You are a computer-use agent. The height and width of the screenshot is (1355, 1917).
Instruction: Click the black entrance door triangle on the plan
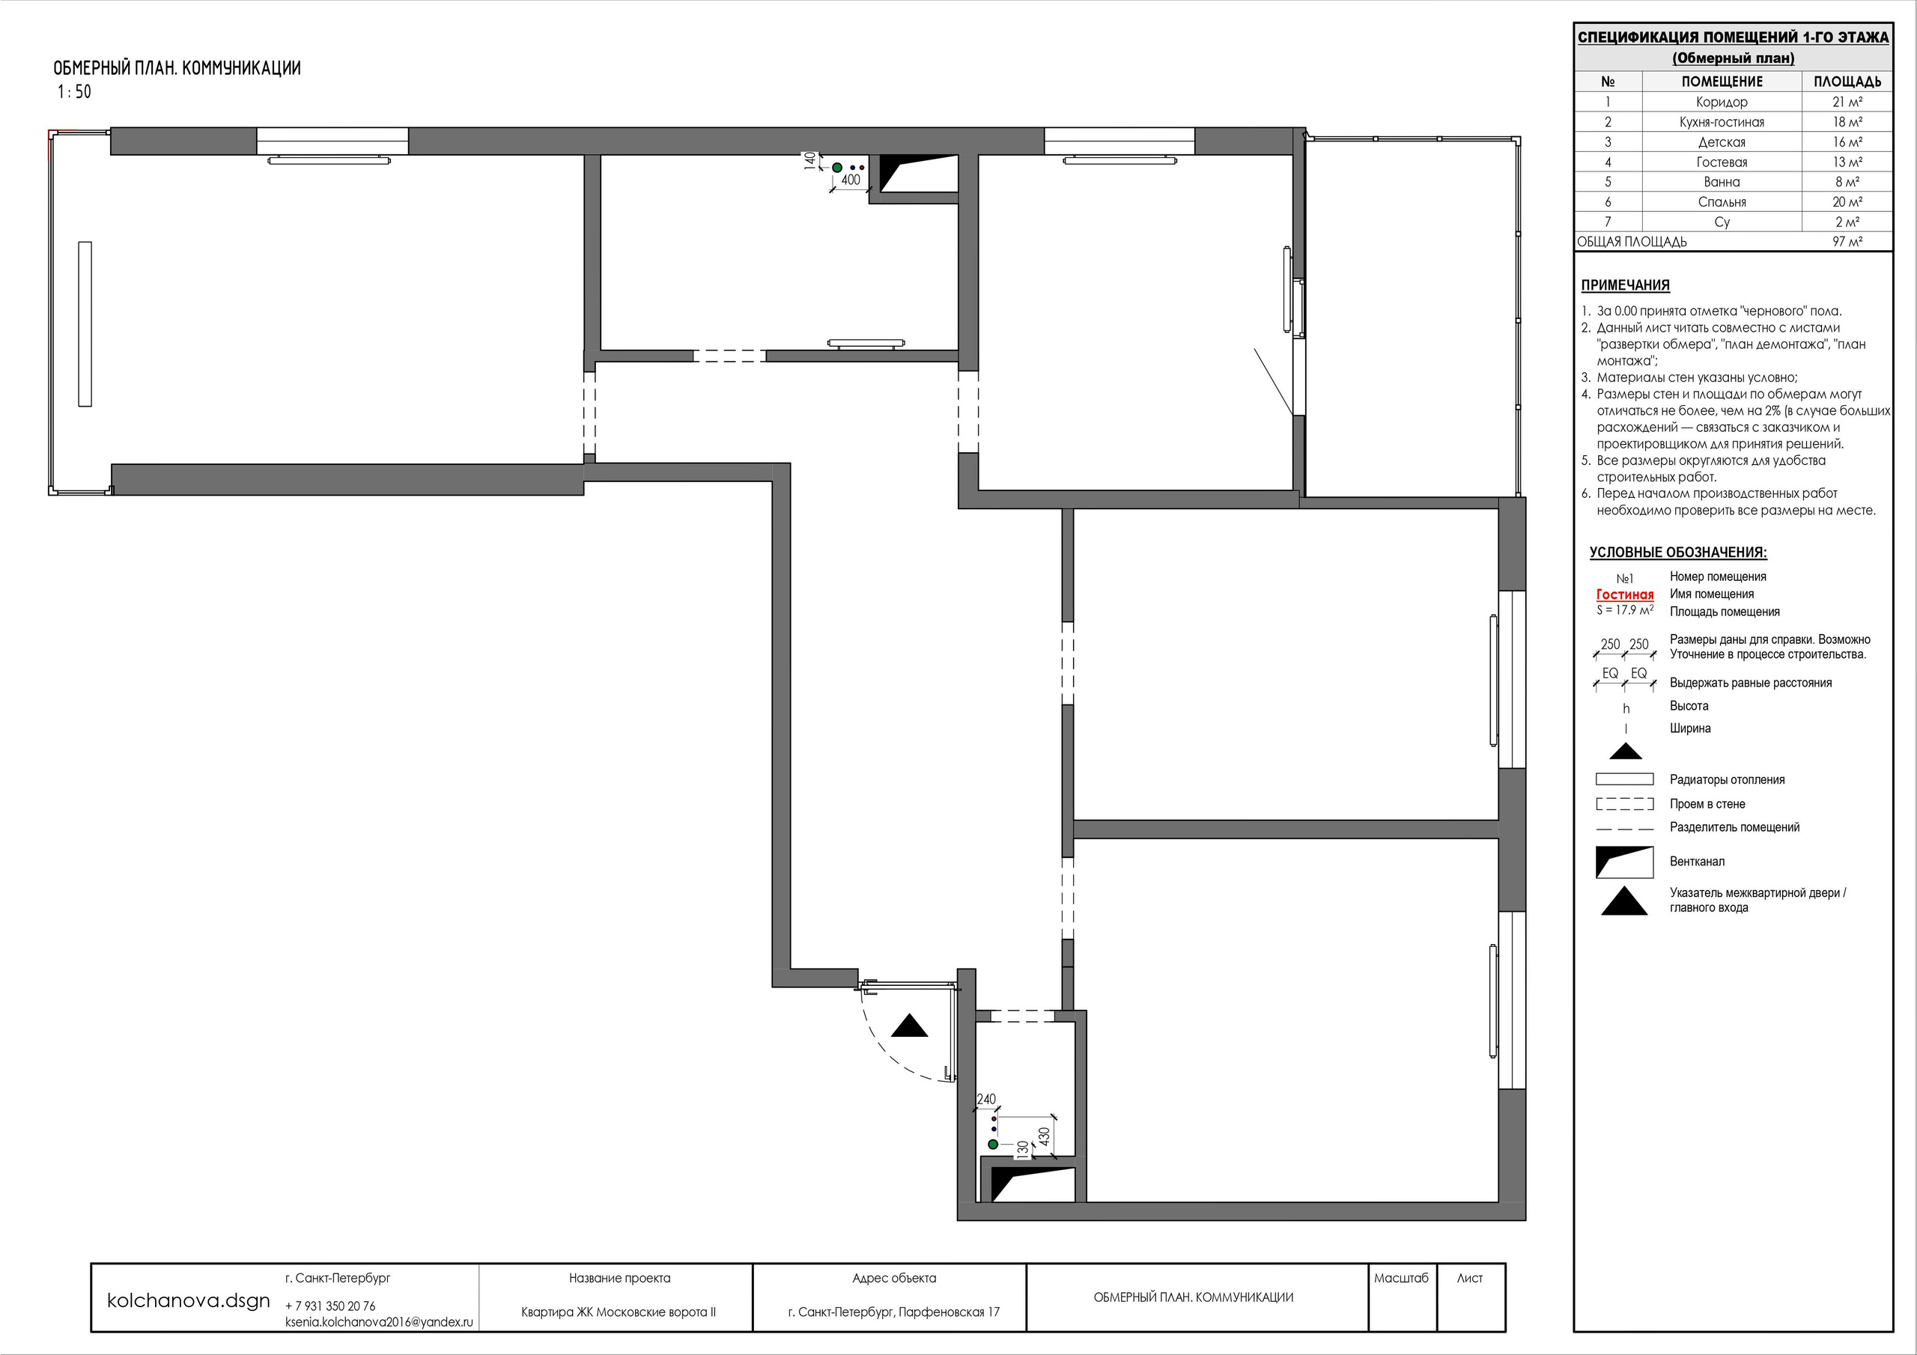point(909,1027)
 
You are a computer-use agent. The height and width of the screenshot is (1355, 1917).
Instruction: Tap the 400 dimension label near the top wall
point(850,180)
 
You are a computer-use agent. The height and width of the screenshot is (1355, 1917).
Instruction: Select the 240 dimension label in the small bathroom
point(986,1100)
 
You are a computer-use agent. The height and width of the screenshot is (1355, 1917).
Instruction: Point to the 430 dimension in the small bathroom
point(1044,1137)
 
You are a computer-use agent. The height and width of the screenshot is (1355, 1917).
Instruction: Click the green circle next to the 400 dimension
point(836,168)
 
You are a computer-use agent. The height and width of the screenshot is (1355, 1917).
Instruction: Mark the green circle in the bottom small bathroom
point(993,1144)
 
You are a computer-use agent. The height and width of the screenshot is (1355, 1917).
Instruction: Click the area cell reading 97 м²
point(1847,242)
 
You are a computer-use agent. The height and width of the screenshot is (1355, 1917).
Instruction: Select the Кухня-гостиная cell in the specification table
point(1722,122)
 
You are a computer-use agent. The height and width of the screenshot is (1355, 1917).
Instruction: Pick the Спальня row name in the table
point(1722,202)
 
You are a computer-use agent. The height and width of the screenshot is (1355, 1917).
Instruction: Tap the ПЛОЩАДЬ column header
point(1847,82)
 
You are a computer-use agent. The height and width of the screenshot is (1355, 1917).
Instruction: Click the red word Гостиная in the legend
point(1625,594)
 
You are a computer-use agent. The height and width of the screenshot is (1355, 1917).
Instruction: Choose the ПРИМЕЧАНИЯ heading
point(1625,284)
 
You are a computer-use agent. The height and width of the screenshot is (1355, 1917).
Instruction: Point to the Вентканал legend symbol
point(1625,862)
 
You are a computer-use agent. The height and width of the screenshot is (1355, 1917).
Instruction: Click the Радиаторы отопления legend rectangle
point(1625,779)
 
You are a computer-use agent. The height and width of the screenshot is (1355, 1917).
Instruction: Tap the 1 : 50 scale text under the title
point(74,92)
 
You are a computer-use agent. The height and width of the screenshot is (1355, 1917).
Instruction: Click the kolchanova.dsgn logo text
point(189,1300)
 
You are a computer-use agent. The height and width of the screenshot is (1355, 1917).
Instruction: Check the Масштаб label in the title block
point(1401,1278)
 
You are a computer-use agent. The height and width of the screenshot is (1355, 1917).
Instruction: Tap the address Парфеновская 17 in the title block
point(950,1312)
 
